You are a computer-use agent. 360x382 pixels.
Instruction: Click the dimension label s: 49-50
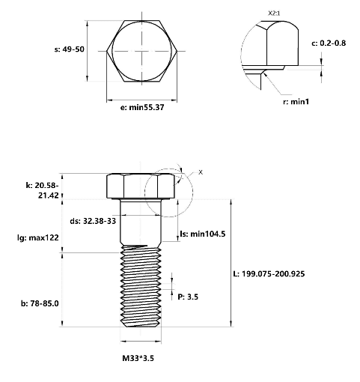point(70,49)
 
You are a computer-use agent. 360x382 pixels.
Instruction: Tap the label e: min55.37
point(142,107)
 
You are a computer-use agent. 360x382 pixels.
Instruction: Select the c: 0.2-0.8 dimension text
point(329,43)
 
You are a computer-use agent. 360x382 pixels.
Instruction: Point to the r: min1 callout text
point(296,102)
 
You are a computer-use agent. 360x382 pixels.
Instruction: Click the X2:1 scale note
point(274,13)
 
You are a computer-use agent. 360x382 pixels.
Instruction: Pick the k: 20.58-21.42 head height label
point(42,190)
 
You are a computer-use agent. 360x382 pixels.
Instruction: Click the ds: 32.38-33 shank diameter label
point(93,221)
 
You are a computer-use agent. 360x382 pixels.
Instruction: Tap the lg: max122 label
point(38,237)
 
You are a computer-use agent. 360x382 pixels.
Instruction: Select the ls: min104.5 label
point(203,234)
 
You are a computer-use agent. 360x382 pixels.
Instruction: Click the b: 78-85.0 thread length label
point(40,303)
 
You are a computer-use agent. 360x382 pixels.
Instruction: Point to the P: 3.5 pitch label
point(188,297)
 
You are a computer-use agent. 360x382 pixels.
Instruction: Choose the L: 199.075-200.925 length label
point(269,274)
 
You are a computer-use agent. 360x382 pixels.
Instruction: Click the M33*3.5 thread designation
point(138,358)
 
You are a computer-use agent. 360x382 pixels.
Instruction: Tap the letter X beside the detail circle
point(201,172)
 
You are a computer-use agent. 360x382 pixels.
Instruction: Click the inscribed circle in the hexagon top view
point(142,22)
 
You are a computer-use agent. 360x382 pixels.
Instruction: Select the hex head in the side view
point(141,187)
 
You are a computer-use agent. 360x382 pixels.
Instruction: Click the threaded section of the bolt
point(141,287)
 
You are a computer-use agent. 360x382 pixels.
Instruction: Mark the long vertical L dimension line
point(231,263)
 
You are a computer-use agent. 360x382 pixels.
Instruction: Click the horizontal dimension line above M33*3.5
point(141,341)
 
